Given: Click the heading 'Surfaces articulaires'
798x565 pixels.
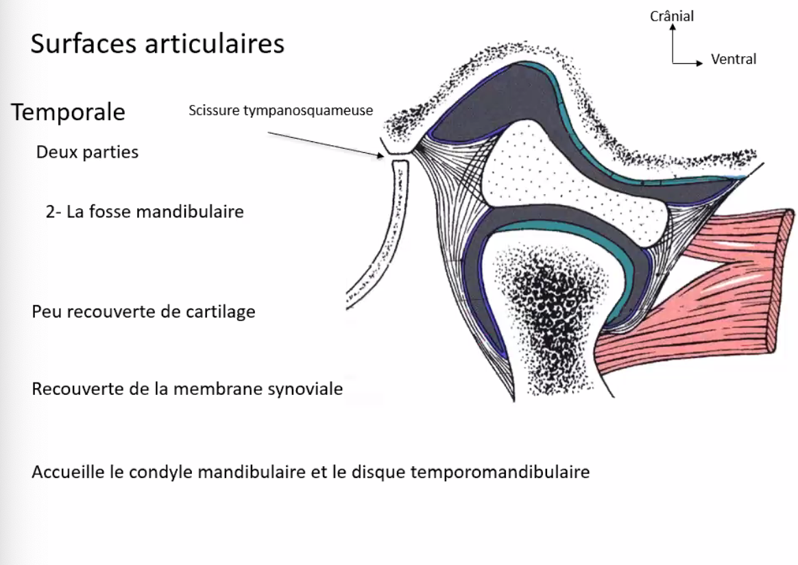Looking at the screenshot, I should tap(157, 45).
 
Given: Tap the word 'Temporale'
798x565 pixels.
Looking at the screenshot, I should tap(68, 112).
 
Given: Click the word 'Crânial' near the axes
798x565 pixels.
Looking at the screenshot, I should tap(672, 16).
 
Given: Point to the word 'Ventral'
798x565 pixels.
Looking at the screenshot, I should tap(734, 60).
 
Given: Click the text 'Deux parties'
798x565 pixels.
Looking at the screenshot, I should tap(87, 152).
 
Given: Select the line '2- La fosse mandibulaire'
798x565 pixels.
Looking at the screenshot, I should tap(145, 211).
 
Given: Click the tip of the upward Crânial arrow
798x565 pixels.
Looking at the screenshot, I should tap(673, 28).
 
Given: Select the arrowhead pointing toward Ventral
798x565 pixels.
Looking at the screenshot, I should tap(700, 63).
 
